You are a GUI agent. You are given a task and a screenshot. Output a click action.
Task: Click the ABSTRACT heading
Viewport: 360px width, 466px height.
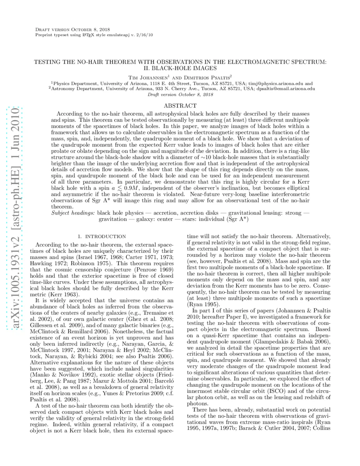(180, 106)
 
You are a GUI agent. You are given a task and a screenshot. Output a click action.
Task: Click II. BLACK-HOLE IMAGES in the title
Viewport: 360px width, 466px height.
(180, 68)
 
